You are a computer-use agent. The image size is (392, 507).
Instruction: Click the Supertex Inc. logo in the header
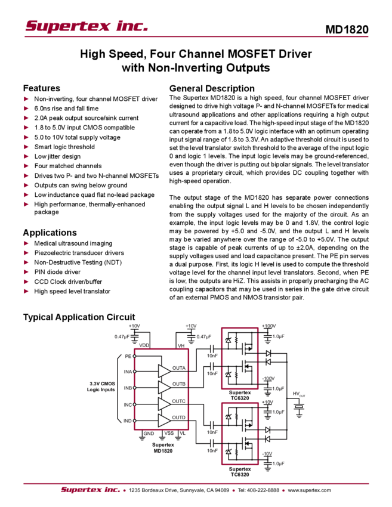87,26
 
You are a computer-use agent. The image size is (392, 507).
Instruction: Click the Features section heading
43,87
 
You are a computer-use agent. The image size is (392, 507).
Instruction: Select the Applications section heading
53,232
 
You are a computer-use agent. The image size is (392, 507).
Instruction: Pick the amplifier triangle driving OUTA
163,370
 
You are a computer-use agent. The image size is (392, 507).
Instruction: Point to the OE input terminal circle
134,356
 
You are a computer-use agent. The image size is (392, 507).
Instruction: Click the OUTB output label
178,384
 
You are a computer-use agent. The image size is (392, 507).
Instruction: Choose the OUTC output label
178,400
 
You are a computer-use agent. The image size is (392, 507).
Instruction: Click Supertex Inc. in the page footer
89,490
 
